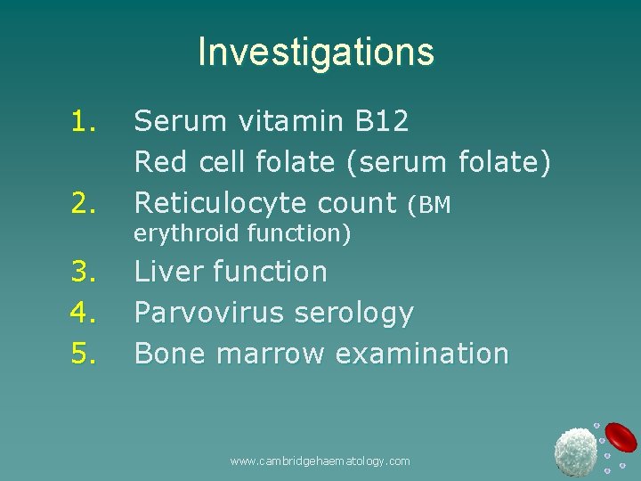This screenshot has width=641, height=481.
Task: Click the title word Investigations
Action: [x=315, y=52]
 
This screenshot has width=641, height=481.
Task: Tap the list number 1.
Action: [x=84, y=121]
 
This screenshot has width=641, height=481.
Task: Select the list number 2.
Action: [x=84, y=204]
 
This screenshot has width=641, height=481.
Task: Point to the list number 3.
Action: [x=84, y=272]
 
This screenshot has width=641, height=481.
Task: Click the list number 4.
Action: [x=84, y=313]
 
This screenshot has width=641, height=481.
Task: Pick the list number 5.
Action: [x=84, y=354]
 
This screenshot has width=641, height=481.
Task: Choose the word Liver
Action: [x=167, y=272]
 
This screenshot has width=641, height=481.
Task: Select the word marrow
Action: [x=271, y=354]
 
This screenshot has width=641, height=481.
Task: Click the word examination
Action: [x=421, y=354]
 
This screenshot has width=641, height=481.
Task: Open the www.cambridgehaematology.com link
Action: [x=320, y=461]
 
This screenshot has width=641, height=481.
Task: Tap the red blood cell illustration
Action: [x=621, y=436]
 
